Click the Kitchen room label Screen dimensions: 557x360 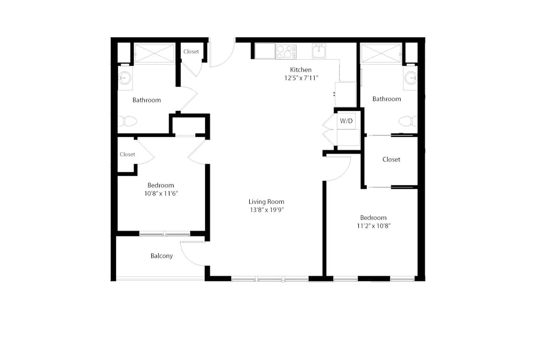[301, 70]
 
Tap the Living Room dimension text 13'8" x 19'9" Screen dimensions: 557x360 [267, 210]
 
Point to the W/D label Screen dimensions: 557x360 [346, 121]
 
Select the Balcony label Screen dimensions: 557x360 [162, 256]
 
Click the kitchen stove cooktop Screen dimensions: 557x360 [286, 51]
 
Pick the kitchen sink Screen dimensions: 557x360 [319, 51]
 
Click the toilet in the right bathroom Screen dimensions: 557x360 [408, 121]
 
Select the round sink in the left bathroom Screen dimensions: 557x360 [125, 78]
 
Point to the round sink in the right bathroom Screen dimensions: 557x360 [410, 78]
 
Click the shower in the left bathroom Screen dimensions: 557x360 [155, 54]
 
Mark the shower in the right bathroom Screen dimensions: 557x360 [381, 54]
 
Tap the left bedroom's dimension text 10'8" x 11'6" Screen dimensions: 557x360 [161, 193]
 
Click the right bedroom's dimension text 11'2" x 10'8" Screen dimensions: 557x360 [374, 226]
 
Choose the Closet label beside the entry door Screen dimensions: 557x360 [191, 51]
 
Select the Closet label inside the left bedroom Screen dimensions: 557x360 [127, 154]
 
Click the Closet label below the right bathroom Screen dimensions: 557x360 [391, 160]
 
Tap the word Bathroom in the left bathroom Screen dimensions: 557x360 [147, 100]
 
